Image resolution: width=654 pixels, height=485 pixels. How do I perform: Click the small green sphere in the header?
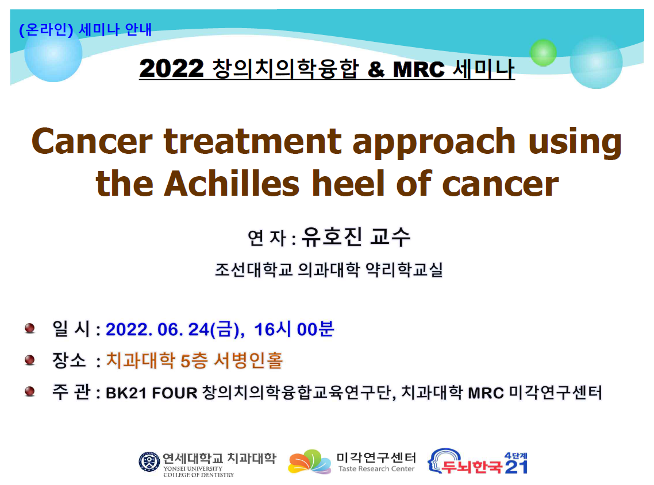543,53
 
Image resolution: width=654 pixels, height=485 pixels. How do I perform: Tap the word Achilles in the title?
232,184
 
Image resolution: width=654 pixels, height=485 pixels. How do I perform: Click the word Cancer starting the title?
92,141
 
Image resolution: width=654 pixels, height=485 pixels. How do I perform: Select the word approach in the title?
434,143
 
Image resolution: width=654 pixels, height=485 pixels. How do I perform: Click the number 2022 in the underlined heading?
171,68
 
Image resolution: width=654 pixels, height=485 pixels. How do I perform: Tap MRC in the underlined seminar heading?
418,69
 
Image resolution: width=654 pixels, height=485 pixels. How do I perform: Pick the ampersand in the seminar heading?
376,69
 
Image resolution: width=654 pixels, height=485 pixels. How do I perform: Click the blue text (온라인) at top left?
47,30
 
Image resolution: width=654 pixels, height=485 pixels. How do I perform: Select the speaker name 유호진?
332,236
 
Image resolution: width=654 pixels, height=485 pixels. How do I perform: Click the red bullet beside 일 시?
30,328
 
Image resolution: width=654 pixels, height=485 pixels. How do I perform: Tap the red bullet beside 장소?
30,359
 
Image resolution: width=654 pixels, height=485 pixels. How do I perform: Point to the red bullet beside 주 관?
30,391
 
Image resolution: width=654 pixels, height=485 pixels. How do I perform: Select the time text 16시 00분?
294,329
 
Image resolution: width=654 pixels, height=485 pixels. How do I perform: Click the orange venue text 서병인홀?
249,360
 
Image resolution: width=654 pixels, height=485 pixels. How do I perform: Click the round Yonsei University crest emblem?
149,461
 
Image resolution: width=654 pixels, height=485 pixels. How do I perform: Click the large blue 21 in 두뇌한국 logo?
516,467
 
